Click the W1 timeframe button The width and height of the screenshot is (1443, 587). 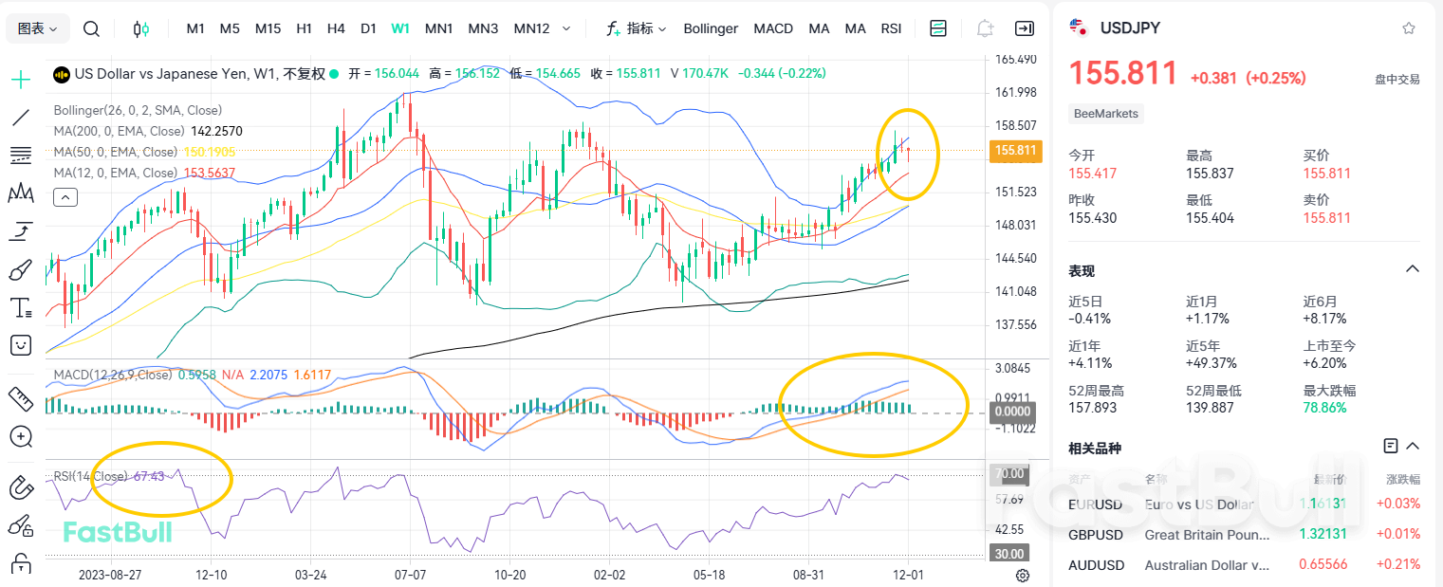(x=400, y=28)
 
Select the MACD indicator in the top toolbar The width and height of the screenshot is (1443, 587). (x=773, y=28)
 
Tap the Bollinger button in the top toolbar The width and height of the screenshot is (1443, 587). (x=711, y=28)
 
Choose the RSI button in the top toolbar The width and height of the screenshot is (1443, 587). (x=891, y=28)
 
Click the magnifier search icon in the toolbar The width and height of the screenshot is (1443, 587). (x=91, y=28)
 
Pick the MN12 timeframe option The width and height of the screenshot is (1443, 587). (x=531, y=28)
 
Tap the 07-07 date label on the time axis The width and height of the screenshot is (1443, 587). (x=411, y=575)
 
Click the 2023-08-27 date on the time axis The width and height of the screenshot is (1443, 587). (x=110, y=575)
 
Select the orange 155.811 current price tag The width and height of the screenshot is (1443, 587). (x=1015, y=150)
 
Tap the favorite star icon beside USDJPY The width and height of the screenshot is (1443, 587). (x=1409, y=28)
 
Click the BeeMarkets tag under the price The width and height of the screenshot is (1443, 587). (x=1107, y=114)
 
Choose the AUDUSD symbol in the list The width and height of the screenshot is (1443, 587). (x=1096, y=565)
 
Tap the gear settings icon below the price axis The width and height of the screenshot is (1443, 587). (x=1023, y=575)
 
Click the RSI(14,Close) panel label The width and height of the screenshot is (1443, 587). (x=91, y=476)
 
